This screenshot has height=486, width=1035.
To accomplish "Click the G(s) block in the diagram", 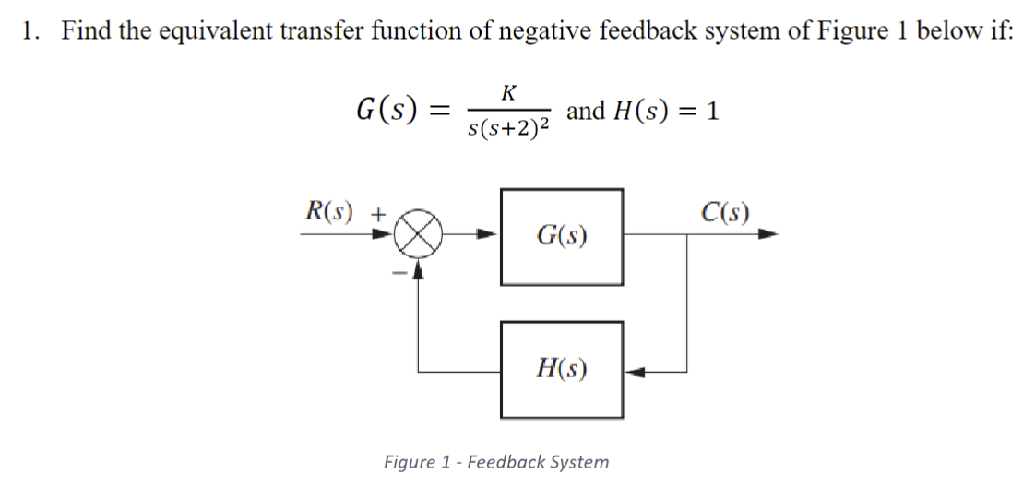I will (562, 236).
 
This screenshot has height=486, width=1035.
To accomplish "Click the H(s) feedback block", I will (562, 369).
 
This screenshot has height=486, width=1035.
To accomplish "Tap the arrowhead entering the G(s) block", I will (491, 236).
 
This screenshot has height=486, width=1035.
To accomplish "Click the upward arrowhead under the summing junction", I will (420, 267).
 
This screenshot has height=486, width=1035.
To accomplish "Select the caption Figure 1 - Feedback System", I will (496, 461).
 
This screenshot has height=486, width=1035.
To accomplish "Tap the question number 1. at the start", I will (31, 30).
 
